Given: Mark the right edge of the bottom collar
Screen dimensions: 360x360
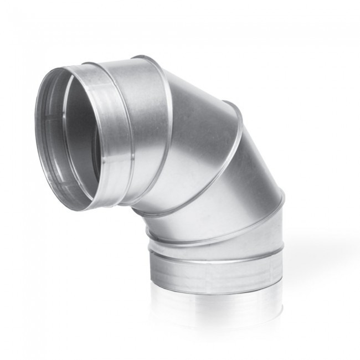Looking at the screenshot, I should tap(282, 271).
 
